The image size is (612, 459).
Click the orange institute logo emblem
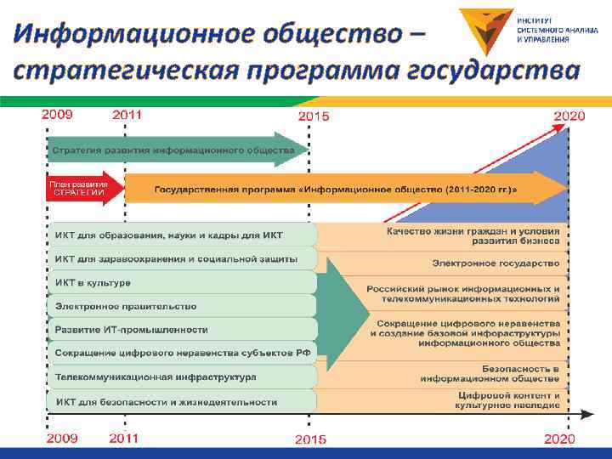[x=485, y=29]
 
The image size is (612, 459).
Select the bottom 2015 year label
[x=312, y=439]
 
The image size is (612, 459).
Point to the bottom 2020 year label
[x=558, y=439]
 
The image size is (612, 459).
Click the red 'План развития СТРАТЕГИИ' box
[x=78, y=188]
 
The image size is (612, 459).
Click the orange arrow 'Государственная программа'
[x=340, y=188]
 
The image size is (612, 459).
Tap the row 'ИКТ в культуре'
[x=93, y=282]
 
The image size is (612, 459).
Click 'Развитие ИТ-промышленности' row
[x=132, y=329]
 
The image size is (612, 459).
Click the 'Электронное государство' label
[x=496, y=263]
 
